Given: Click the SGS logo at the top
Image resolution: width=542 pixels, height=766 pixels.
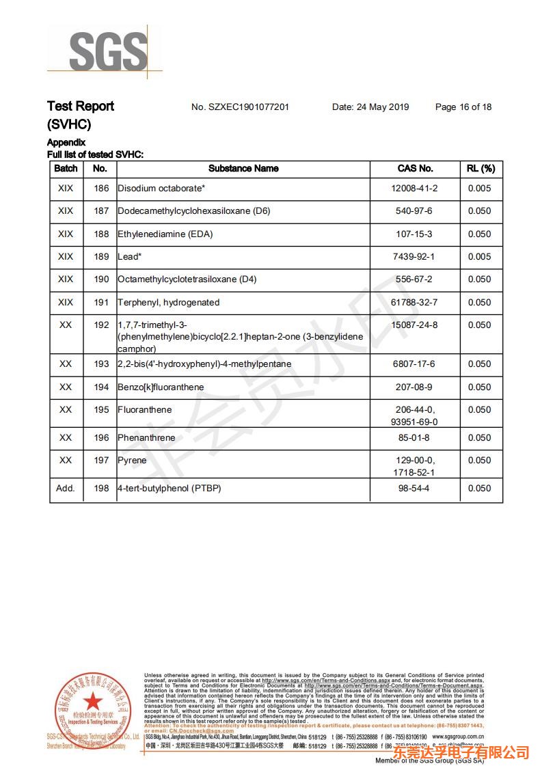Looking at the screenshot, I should (107, 50).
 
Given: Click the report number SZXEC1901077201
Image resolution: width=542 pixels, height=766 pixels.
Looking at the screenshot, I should (240, 107).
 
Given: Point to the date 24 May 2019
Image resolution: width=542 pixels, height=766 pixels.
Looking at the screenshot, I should (370, 107).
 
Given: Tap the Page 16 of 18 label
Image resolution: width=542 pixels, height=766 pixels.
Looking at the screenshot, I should (463, 107).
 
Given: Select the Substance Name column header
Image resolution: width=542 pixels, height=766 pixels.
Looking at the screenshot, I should (243, 168).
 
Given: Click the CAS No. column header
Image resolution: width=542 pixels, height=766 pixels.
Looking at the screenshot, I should (415, 168).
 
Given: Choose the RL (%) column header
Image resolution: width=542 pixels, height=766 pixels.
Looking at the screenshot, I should (480, 168).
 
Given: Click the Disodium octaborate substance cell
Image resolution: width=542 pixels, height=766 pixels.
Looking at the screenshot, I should (161, 189).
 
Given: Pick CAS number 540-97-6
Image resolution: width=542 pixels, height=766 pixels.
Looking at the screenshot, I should (414, 211).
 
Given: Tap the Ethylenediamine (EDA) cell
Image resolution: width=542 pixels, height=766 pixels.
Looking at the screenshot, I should (165, 234).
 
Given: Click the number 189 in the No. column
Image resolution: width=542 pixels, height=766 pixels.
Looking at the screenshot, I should (101, 256).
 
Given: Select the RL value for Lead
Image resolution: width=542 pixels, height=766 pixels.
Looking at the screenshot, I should (479, 256).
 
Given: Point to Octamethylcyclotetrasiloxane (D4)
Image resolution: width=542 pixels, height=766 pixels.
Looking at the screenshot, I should (187, 279).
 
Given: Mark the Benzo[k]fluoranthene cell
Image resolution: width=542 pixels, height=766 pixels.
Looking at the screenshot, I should (161, 387).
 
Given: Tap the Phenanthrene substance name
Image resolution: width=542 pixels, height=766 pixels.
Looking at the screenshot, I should (146, 438).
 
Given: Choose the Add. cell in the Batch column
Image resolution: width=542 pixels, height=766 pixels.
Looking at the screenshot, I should (66, 489).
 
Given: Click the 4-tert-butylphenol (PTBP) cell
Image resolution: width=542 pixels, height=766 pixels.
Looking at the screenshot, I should (170, 489).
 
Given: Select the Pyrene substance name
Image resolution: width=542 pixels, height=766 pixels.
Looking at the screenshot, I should (132, 461).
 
